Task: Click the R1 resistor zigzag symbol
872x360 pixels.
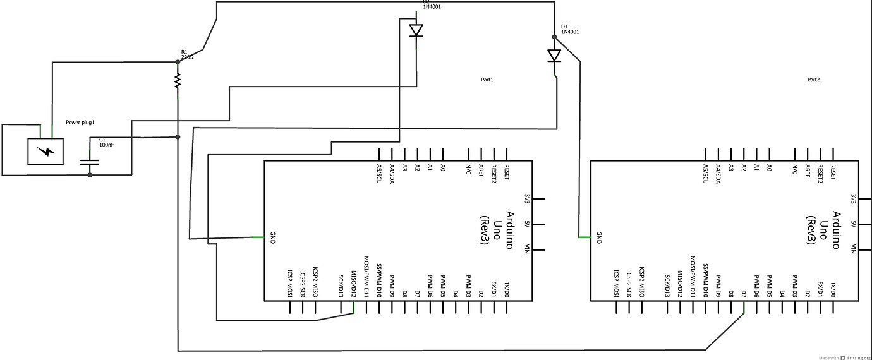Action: point(178,81)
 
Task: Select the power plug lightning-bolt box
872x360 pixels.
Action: point(45,152)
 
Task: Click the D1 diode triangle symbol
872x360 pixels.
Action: point(554,56)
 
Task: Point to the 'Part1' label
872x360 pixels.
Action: point(487,80)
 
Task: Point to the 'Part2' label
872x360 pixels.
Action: point(813,80)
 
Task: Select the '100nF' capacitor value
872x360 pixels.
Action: point(107,145)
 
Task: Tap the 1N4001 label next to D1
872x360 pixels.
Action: point(570,32)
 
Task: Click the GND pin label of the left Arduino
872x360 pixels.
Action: point(272,237)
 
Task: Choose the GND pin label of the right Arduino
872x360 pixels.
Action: point(598,237)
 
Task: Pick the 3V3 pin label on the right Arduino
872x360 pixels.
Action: point(853,198)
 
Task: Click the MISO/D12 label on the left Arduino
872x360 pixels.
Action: point(354,284)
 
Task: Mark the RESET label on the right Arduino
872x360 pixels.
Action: point(833,172)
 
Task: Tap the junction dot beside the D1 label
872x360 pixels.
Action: point(554,37)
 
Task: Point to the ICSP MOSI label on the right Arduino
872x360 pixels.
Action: point(616,284)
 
